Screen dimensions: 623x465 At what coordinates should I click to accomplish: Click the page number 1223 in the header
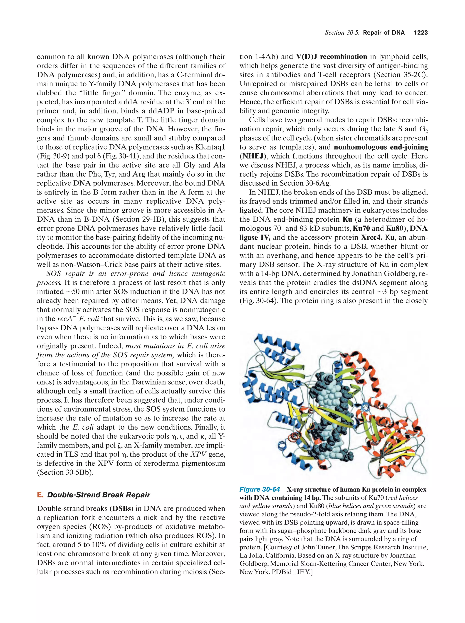click(420, 33)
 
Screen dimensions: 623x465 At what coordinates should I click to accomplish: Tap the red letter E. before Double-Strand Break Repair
click(40, 495)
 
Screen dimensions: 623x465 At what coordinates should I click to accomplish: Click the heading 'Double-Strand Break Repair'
click(99, 495)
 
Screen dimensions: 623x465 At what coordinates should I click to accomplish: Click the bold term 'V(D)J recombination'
click(331, 57)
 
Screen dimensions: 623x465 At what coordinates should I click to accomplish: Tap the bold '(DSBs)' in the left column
click(121, 509)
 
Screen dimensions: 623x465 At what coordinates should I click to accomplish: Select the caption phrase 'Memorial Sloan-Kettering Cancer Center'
click(316, 564)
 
